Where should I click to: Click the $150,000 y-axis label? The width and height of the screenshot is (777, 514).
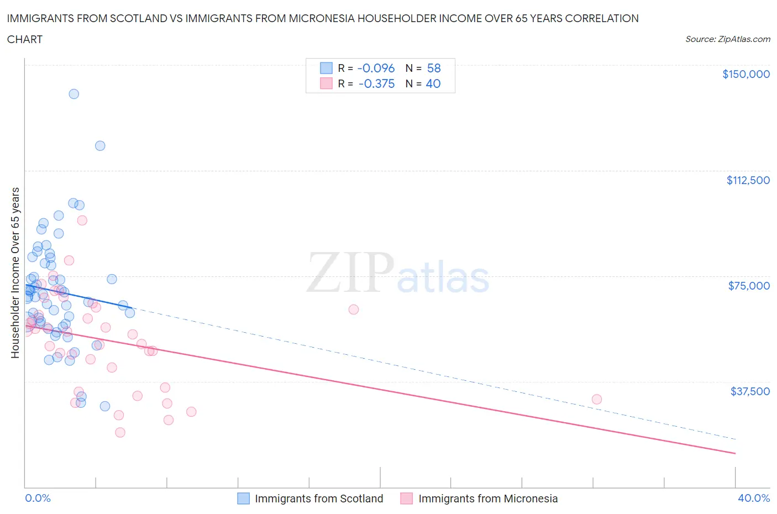click(x=746, y=74)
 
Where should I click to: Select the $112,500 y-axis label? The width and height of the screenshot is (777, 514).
click(x=748, y=180)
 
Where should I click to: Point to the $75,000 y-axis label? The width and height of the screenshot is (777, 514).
click(x=749, y=286)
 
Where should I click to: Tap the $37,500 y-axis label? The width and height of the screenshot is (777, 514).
click(x=749, y=391)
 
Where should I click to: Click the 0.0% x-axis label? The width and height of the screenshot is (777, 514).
click(x=38, y=498)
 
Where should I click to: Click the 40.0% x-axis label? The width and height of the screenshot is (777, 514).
click(x=754, y=498)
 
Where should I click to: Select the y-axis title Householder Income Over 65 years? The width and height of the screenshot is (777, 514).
click(x=15, y=272)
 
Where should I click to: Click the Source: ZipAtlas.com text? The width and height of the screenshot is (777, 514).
click(x=727, y=39)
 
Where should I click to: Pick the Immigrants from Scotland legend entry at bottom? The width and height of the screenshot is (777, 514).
click(x=311, y=499)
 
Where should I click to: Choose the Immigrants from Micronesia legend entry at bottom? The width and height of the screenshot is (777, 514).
click(x=480, y=499)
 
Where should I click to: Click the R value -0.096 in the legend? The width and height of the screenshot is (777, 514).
click(x=376, y=68)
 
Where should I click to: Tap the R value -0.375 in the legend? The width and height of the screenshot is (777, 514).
click(x=376, y=83)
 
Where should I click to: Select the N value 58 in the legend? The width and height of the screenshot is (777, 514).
click(x=434, y=68)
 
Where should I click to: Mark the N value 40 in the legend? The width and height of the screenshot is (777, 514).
click(x=433, y=83)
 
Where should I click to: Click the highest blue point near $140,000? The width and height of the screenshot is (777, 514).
click(x=73, y=94)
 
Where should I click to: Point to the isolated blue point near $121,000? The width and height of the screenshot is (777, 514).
click(x=100, y=146)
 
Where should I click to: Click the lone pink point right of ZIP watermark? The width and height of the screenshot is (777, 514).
click(x=354, y=310)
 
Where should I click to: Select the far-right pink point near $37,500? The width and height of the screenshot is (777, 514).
click(x=597, y=399)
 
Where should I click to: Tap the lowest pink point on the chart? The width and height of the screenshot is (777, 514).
click(x=120, y=432)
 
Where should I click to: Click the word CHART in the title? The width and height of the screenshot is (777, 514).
click(x=25, y=39)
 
